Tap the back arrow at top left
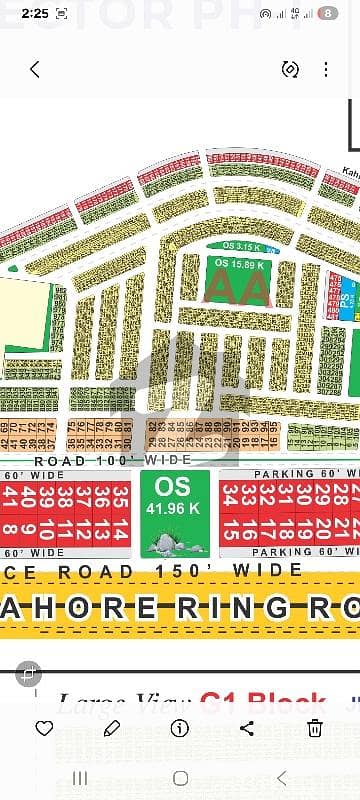pos(35,69)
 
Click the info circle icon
pos(180,727)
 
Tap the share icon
pos(247,727)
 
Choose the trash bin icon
pos(314,727)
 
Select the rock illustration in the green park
pos(162,542)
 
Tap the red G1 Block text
pos(264,703)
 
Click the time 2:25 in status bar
pos(33,14)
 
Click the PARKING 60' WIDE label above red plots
pos(300,473)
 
